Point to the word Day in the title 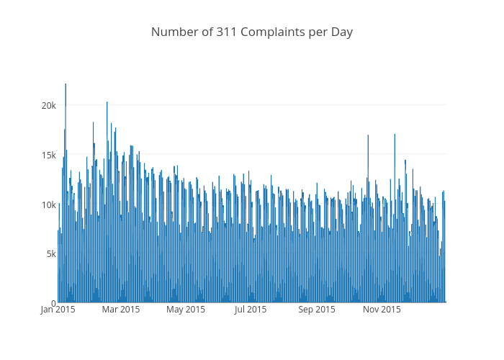342,32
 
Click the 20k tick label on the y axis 48,106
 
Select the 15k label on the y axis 48,155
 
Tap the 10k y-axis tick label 48,204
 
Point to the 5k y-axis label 50,253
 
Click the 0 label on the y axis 53,303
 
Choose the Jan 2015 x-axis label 58,310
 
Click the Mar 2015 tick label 121,310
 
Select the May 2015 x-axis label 186,310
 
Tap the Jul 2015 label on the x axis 251,310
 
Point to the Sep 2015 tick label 316,310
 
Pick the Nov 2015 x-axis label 381,310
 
